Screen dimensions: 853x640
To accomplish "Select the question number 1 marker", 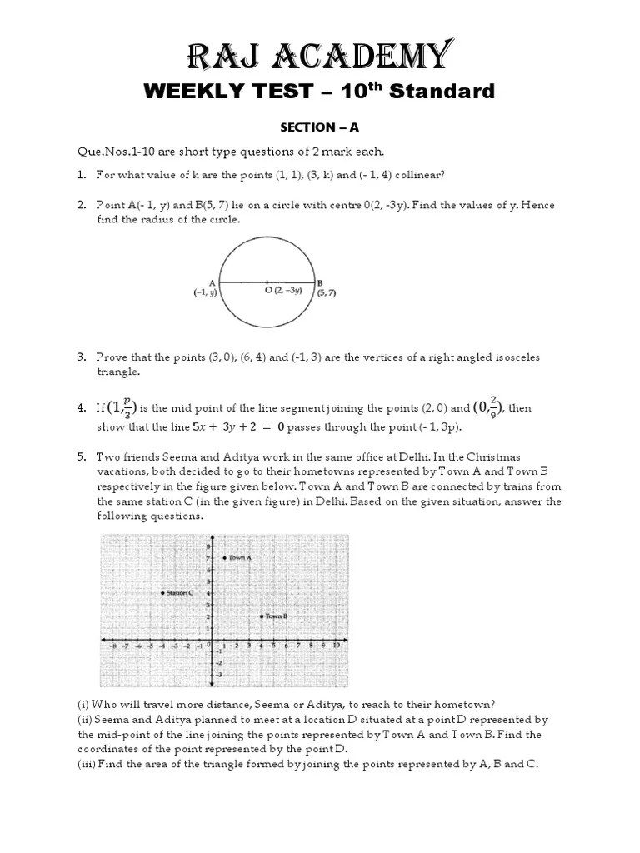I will click(x=81, y=175).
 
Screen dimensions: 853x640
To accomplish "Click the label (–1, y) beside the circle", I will click(x=206, y=292).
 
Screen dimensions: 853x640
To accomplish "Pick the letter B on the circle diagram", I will click(x=320, y=283).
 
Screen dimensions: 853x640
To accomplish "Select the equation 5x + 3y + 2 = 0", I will click(x=239, y=427).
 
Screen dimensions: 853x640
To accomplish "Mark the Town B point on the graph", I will click(x=262, y=616).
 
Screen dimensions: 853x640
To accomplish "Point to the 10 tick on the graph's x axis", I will click(x=335, y=646).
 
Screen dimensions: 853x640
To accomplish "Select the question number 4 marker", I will click(x=81, y=408).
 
